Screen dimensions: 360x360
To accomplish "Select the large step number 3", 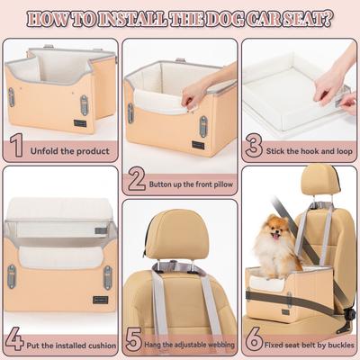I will [253, 144].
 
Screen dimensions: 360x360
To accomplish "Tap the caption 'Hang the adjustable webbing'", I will [191, 344].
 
